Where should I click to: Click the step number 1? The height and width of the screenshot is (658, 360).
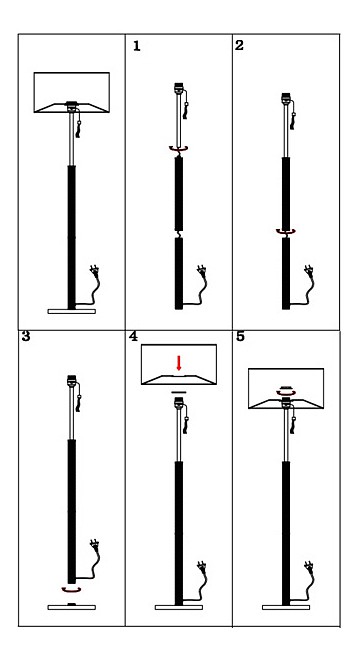point(136,46)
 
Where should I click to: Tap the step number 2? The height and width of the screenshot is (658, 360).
point(239,45)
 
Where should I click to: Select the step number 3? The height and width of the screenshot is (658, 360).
point(26,336)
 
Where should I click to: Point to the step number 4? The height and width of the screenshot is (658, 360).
point(133,337)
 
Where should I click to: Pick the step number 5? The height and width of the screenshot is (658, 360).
point(240,337)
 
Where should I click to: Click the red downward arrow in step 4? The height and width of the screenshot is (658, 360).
point(179,363)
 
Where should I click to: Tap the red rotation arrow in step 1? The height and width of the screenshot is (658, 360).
point(178,149)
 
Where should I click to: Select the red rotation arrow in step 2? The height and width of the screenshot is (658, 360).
point(286,232)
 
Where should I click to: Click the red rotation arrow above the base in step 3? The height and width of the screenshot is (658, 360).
point(71,590)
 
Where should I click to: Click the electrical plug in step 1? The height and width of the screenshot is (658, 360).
point(202,271)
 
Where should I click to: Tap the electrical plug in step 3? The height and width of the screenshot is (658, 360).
point(95,546)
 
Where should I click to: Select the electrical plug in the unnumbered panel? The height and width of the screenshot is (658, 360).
point(95,271)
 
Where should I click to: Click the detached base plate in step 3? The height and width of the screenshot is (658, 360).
point(71,607)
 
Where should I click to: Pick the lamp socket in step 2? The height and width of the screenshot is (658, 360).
point(286,99)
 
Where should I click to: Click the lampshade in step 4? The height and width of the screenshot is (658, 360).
point(179,364)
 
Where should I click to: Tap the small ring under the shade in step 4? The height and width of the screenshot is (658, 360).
point(179,392)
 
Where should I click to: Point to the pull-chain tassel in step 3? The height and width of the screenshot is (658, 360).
point(78,403)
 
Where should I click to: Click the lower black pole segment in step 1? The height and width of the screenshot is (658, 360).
point(179,274)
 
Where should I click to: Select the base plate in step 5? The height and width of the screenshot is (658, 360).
point(286,607)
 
